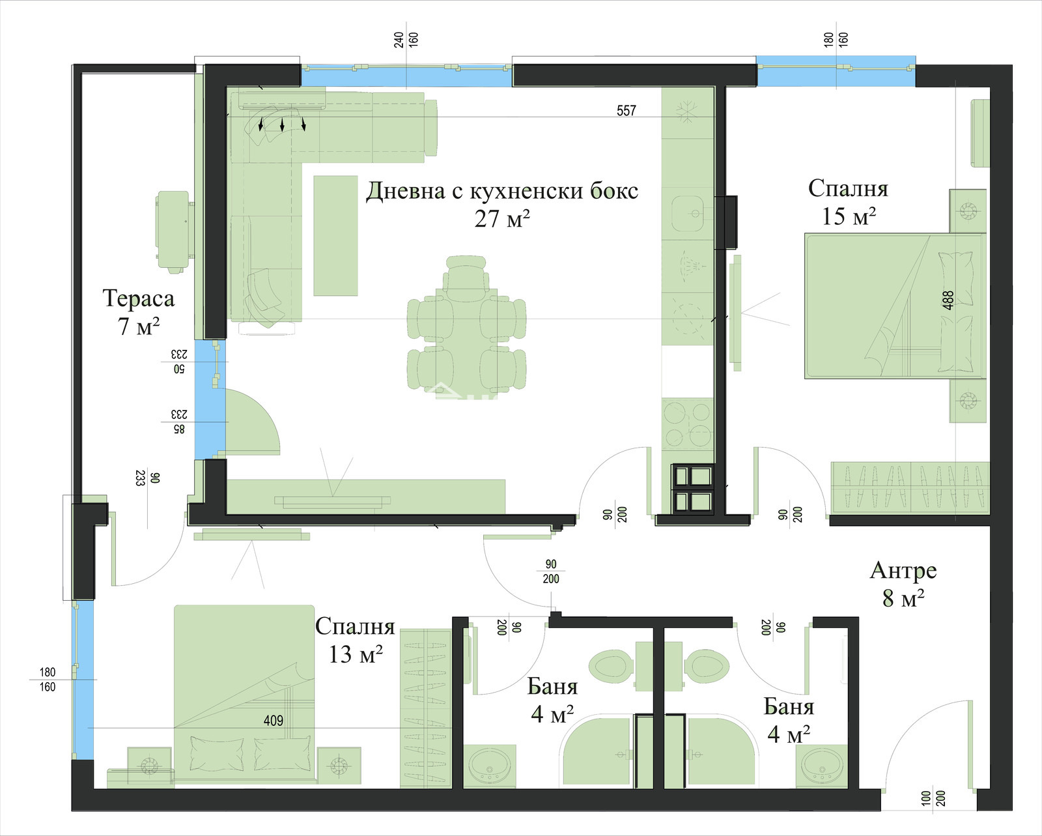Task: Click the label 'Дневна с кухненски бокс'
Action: [x=502, y=191]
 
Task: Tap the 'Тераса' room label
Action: [x=139, y=298]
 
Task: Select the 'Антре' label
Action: [x=903, y=570]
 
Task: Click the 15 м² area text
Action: [x=849, y=216]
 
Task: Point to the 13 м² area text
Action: [x=356, y=656]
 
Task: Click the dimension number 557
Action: [x=626, y=111]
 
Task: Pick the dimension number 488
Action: [x=948, y=300]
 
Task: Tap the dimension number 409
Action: [x=273, y=721]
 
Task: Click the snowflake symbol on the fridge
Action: [x=686, y=111]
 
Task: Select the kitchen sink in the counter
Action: [x=688, y=214]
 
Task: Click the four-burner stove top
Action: [x=687, y=425]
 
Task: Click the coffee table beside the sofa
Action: [x=335, y=235]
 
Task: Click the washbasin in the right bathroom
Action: [x=821, y=766]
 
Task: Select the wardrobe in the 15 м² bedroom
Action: [x=910, y=487]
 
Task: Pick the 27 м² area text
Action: [x=502, y=219]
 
